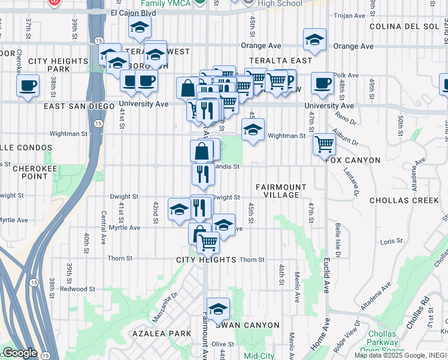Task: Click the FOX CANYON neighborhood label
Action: point(353,160)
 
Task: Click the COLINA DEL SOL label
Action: point(404,26)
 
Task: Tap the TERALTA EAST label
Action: point(284,61)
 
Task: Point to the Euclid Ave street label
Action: point(327,275)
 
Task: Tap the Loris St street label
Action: point(391,241)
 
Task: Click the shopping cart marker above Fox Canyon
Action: point(324,143)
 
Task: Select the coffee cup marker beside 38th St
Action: point(28,85)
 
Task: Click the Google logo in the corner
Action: point(19,353)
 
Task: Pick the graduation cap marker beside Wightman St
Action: point(253,129)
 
